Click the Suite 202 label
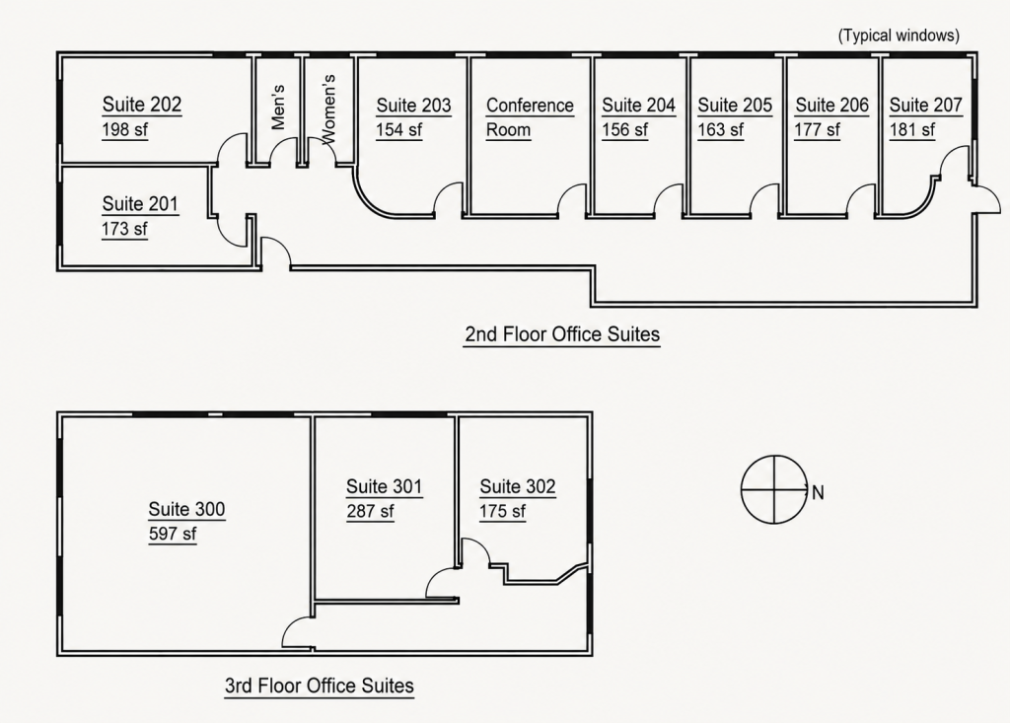point(142,105)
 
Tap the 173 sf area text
point(124,229)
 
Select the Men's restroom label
point(278,107)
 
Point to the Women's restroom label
point(328,108)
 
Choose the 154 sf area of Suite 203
point(398,129)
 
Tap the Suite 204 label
point(638,105)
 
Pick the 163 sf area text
point(720,129)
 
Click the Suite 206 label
point(831,105)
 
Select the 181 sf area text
point(912,129)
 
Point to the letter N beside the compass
point(818,493)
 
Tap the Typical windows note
point(899,36)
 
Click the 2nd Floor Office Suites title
point(562,334)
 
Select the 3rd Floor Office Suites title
point(320,686)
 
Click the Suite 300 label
point(186,509)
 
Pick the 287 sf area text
point(371,511)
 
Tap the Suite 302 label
point(517,486)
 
